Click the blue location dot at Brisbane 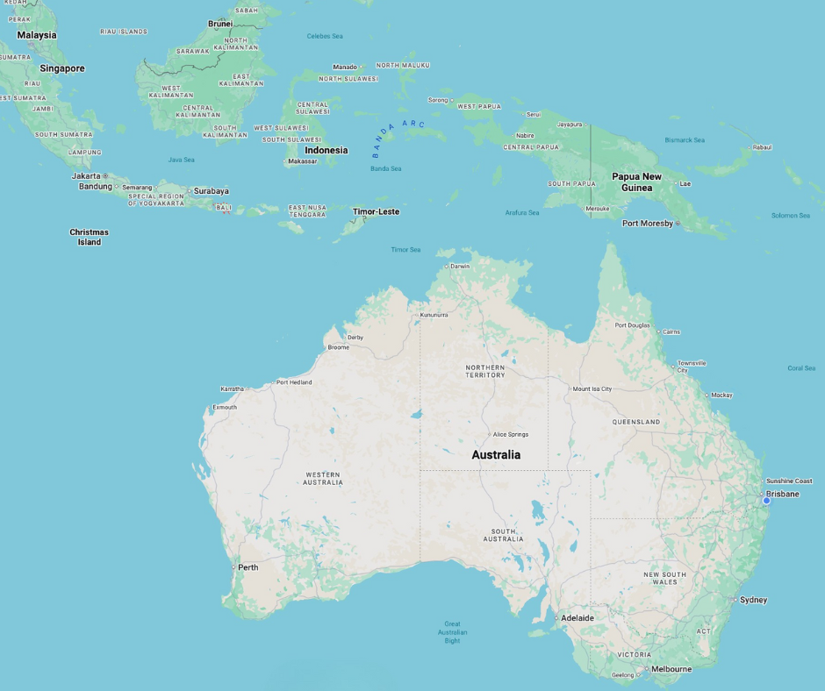pos(766,501)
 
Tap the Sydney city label pos(753,600)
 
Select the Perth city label pos(247,567)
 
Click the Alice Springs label pos(510,434)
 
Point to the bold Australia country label pos(496,454)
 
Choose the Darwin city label pos(460,267)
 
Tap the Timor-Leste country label pos(376,211)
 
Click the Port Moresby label pos(648,223)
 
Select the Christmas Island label pos(89,237)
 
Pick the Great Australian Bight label pos(452,632)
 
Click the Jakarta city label pos(86,175)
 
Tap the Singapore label pos(61,68)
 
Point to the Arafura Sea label pos(522,212)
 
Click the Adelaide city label pos(577,617)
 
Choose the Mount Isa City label pos(592,388)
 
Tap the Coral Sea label pos(800,368)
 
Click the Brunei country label pos(220,24)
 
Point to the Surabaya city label pos(211,190)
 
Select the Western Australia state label pos(323,478)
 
